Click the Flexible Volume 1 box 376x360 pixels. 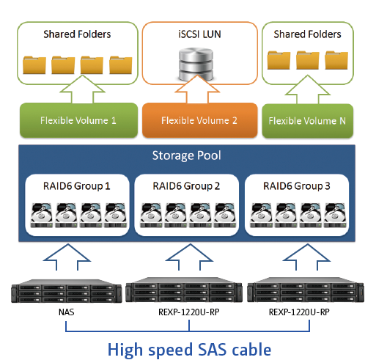pos(78,120)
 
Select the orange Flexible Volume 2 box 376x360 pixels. pos(199,120)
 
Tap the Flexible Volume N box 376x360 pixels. pos(308,121)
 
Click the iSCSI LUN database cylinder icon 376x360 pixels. pos(196,65)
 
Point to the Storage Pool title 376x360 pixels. pos(187,155)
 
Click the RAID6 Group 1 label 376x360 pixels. pos(77,186)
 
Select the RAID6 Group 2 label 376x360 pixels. pos(186,186)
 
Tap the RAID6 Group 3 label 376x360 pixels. pos(297,186)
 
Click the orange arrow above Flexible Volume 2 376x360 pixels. pos(197,90)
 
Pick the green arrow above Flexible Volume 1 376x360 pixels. pos(83,90)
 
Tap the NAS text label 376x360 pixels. pos(67,312)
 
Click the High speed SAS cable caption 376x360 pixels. pos(189,350)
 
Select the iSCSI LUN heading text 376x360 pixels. pos(199,34)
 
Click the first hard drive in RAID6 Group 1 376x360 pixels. pos(42,215)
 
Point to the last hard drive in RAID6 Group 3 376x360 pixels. pos(335,215)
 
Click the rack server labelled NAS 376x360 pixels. pos(67,291)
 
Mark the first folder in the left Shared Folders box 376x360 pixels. pos(34,65)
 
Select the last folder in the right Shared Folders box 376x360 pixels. pos(336,60)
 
